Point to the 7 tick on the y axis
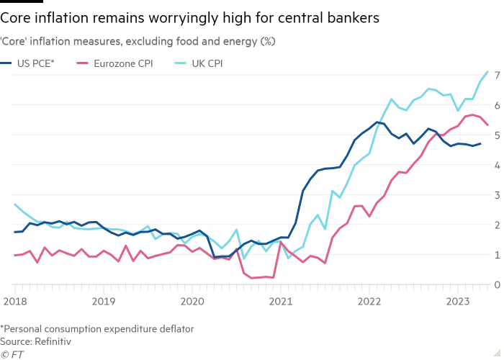(496, 76)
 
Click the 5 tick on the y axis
(496, 135)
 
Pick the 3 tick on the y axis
(496, 195)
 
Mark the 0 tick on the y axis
(496, 285)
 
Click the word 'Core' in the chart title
(17, 42)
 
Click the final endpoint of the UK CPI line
(488, 71)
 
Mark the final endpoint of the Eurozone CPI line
(488, 125)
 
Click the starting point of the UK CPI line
(14, 204)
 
